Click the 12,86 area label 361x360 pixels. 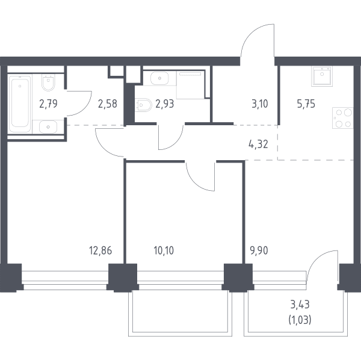(x=100, y=250)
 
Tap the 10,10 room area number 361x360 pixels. (x=164, y=250)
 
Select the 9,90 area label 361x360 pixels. (x=259, y=250)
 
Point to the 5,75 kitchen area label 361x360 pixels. (x=306, y=104)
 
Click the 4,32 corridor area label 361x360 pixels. (x=258, y=144)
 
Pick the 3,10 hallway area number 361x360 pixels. (x=260, y=104)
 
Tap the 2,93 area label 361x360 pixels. (x=165, y=104)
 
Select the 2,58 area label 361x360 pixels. (x=108, y=104)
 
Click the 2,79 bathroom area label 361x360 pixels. (x=48, y=104)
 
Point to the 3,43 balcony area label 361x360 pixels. (x=300, y=305)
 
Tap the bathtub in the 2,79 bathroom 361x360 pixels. (x=20, y=104)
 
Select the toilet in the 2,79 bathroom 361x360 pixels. (x=48, y=82)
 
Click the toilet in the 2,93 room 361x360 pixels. (x=144, y=105)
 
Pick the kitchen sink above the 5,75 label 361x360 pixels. (x=322, y=76)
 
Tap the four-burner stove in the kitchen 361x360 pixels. (x=343, y=118)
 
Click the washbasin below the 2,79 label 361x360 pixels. (x=48, y=126)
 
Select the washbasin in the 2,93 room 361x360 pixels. (x=159, y=78)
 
